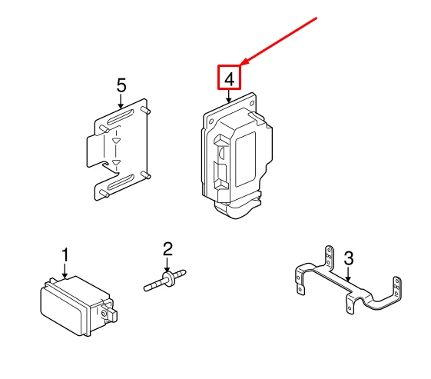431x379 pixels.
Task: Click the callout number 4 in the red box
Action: click(229, 79)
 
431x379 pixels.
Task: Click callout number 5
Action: click(121, 85)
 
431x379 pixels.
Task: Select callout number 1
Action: click(65, 254)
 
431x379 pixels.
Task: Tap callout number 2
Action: click(167, 249)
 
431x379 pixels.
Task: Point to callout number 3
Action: click(349, 258)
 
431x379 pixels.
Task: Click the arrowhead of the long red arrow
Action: click(244, 62)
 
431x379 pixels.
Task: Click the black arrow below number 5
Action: click(121, 101)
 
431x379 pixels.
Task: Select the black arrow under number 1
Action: click(65, 271)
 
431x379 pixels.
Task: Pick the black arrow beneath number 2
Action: click(167, 264)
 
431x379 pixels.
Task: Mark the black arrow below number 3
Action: click(348, 274)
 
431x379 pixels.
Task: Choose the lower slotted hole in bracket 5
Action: click(121, 182)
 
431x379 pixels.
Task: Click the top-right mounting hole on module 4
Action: click(252, 104)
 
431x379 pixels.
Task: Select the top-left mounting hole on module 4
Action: click(211, 121)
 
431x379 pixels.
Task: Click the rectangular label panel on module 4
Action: click(245, 159)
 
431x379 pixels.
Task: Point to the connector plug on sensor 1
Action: click(109, 313)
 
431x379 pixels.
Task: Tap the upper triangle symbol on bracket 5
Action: click(116, 141)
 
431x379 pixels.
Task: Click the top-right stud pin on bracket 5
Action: click(146, 110)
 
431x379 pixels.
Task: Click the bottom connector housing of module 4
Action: click(237, 205)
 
